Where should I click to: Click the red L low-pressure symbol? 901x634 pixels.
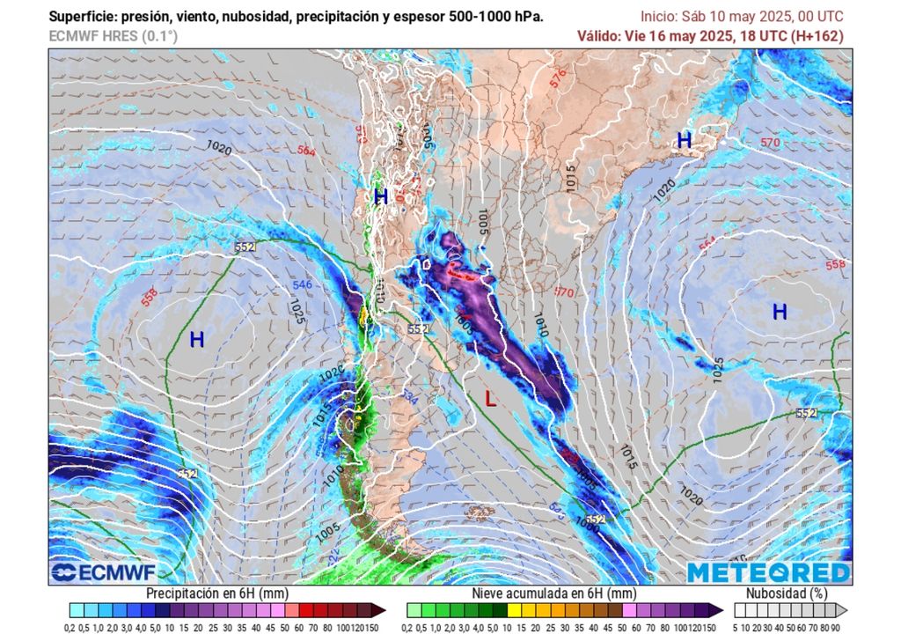(491, 400)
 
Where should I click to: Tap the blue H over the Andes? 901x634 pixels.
(381, 197)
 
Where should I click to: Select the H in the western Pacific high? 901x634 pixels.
(196, 339)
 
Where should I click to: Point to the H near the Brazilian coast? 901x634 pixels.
(684, 139)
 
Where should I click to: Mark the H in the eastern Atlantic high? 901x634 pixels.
(780, 312)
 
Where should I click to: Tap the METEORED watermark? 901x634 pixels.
(768, 572)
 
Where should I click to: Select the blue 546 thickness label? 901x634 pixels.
(303, 285)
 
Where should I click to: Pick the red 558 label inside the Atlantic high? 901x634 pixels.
(835, 265)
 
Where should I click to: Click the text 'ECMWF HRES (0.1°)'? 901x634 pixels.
(112, 36)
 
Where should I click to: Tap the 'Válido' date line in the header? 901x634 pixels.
(709, 36)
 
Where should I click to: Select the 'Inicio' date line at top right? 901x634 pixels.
(741, 17)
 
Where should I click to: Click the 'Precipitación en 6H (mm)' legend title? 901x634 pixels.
(212, 594)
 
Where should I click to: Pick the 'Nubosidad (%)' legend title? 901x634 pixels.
(787, 594)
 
